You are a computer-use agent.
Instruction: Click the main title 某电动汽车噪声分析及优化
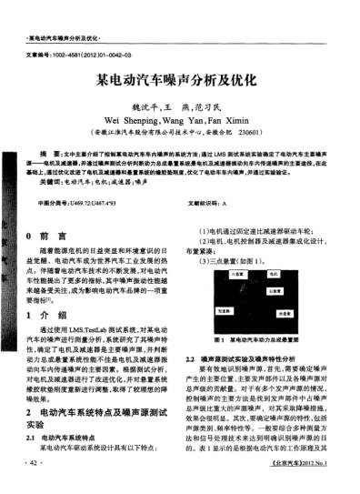click(179, 79)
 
